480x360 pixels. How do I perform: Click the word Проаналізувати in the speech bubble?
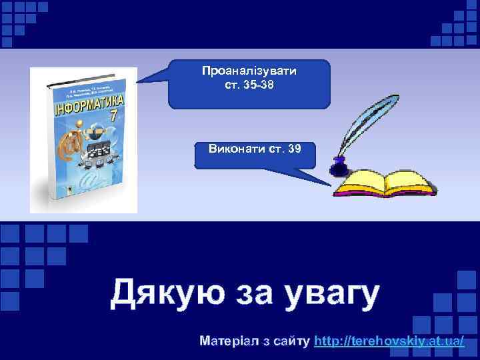point(249,70)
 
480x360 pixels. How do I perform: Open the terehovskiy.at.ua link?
point(389,341)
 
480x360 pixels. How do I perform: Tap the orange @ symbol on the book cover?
point(68,151)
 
